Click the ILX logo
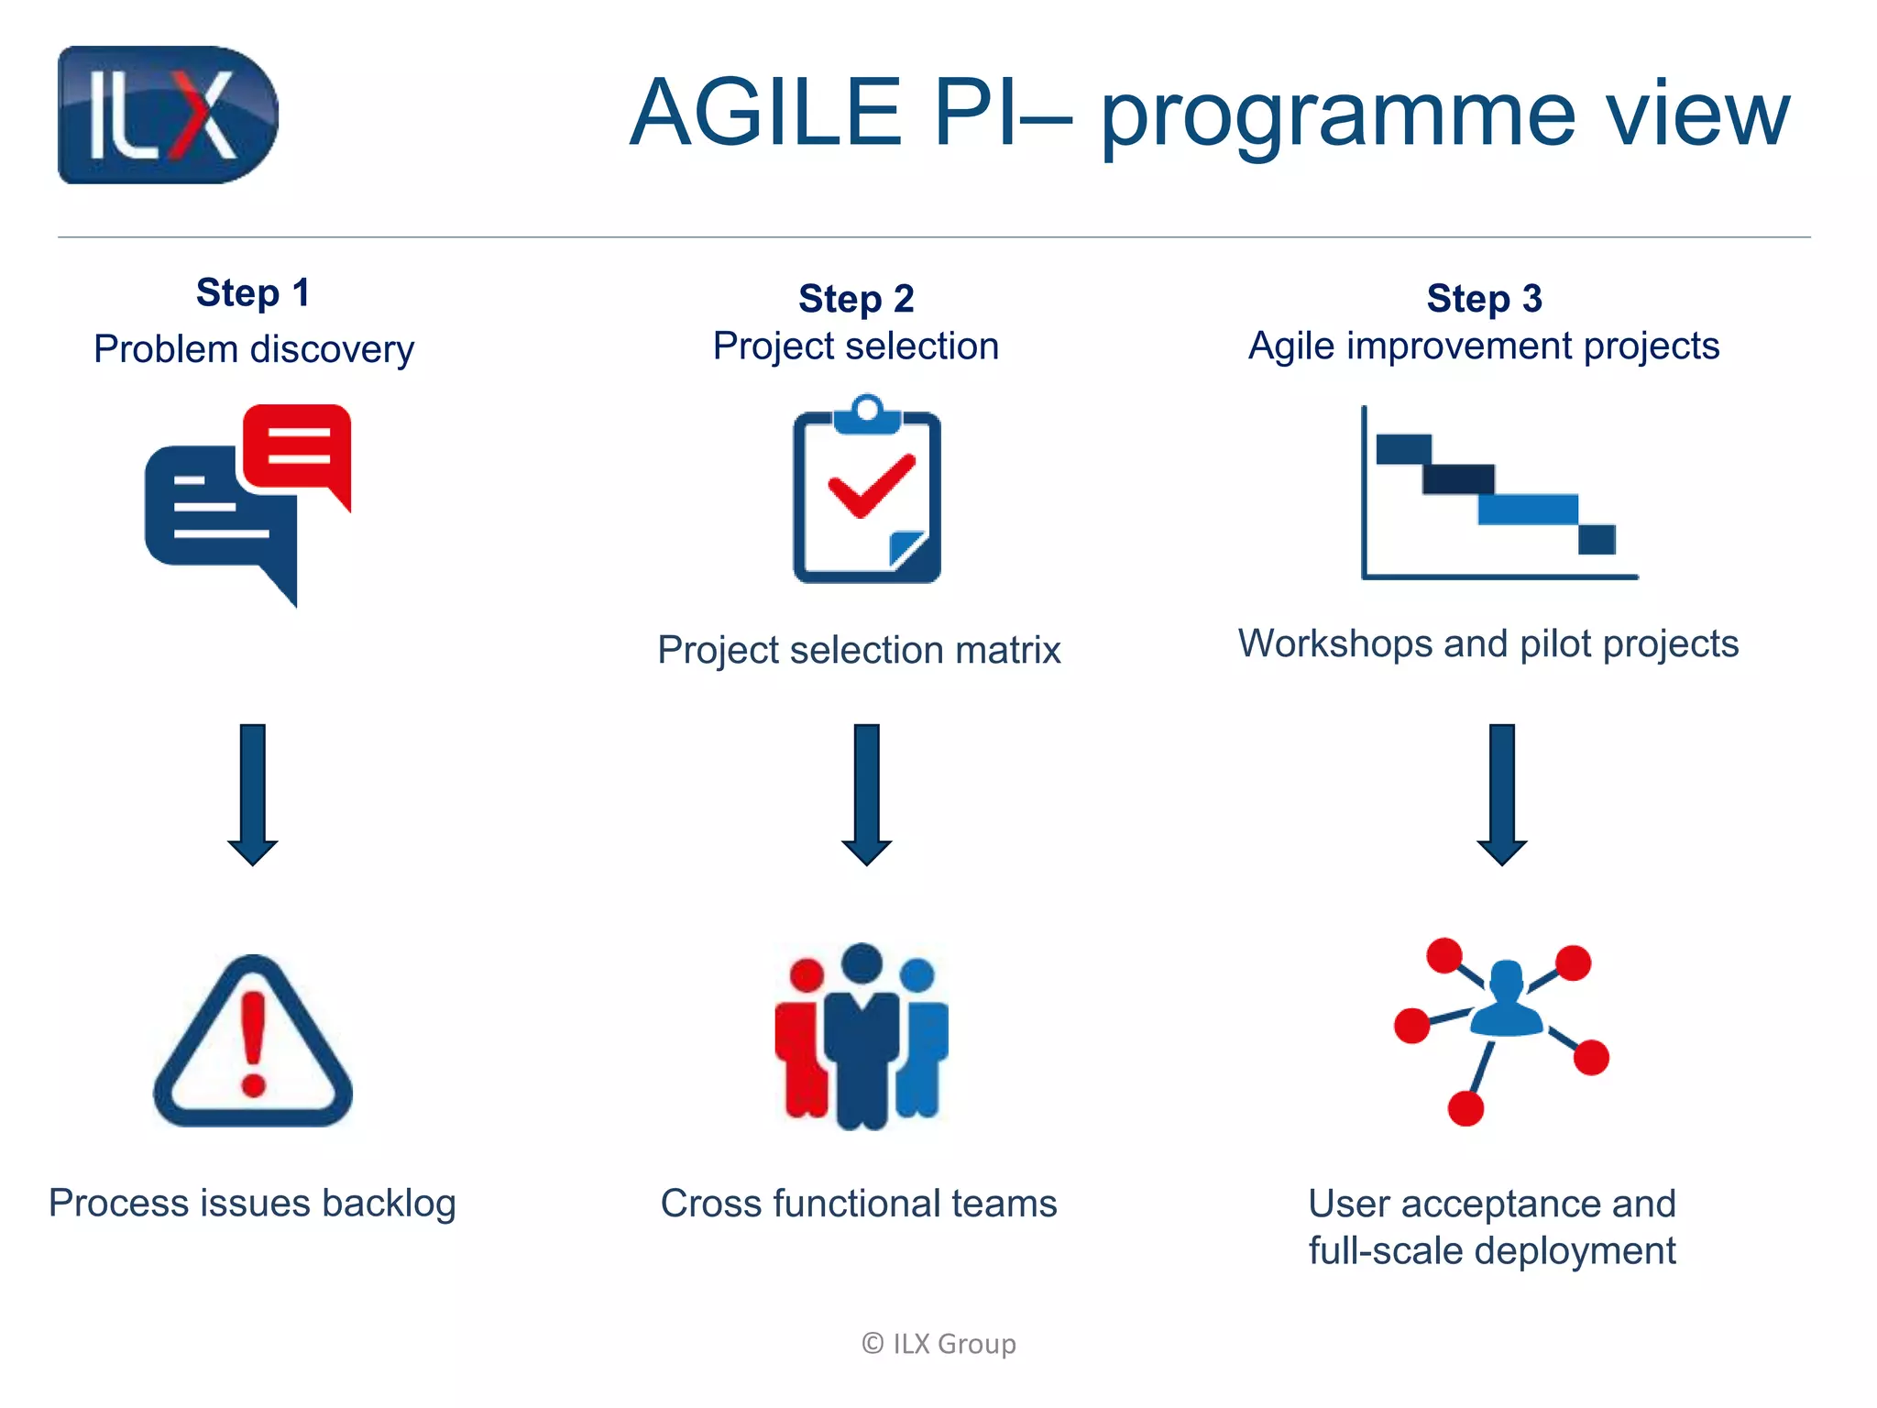[x=168, y=115]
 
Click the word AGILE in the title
[x=765, y=113]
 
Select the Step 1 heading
[x=253, y=293]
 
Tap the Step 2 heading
[x=856, y=299]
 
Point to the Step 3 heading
[x=1484, y=299]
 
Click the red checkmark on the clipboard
[x=871, y=486]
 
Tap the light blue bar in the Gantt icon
[x=1528, y=510]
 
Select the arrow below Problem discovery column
[x=253, y=794]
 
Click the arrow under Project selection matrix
[x=866, y=794]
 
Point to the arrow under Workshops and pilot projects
[x=1501, y=794]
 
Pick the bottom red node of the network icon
[x=1465, y=1108]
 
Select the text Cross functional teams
[x=859, y=1204]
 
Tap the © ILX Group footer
[x=938, y=1344]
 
